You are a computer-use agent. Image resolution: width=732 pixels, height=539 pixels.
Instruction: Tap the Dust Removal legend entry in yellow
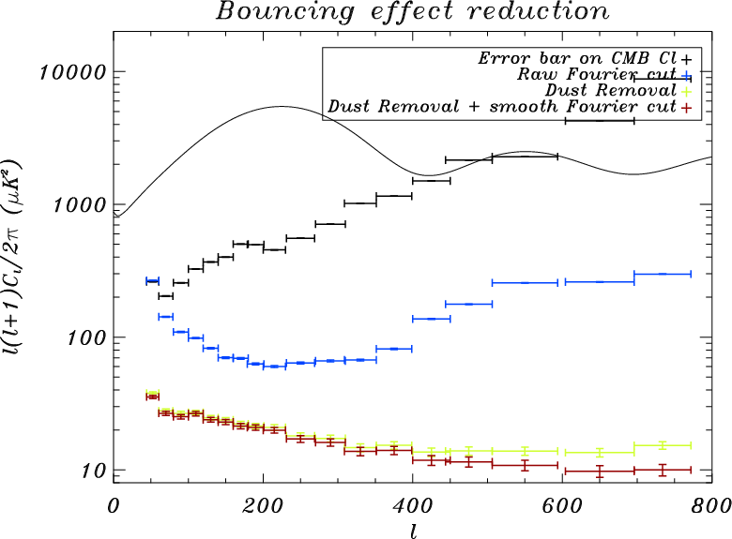pyautogui.click(x=609, y=91)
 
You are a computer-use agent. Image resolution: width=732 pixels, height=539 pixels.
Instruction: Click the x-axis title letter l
pyautogui.click(x=413, y=528)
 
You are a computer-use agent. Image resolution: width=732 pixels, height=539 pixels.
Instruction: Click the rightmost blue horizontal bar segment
pyautogui.click(x=663, y=274)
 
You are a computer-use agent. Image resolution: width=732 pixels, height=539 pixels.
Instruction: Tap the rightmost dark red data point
pyautogui.click(x=663, y=470)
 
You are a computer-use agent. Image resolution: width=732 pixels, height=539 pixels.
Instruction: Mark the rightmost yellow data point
pyautogui.click(x=663, y=445)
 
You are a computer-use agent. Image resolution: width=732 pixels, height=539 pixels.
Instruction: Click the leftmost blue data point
pyautogui.click(x=151, y=281)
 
